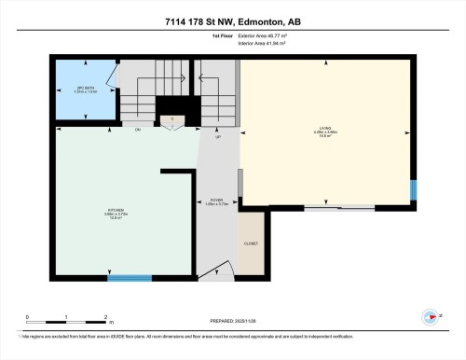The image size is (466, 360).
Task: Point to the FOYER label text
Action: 216,201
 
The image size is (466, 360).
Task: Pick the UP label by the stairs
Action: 218,136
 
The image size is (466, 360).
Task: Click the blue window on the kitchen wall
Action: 130,277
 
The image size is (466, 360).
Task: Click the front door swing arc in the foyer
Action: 214,266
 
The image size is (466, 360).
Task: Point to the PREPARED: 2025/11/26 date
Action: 233,322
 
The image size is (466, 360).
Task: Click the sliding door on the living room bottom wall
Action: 329,208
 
